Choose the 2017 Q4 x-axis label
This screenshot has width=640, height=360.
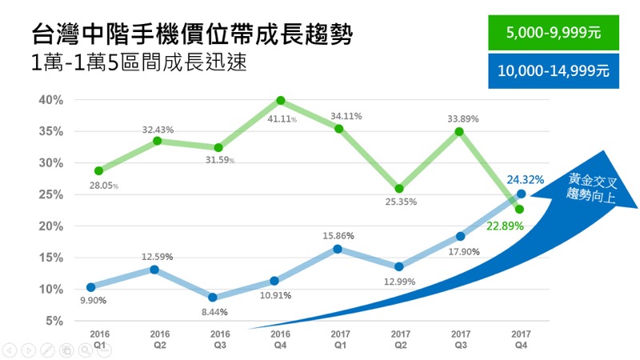pos(521,336)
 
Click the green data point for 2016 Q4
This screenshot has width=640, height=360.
pos(281,101)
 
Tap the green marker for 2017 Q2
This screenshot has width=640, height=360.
pos(398,189)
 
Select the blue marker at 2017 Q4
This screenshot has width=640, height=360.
pos(521,194)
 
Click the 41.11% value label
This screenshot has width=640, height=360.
pos(282,118)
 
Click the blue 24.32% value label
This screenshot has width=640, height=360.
pos(526,179)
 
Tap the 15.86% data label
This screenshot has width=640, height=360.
pos(338,236)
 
